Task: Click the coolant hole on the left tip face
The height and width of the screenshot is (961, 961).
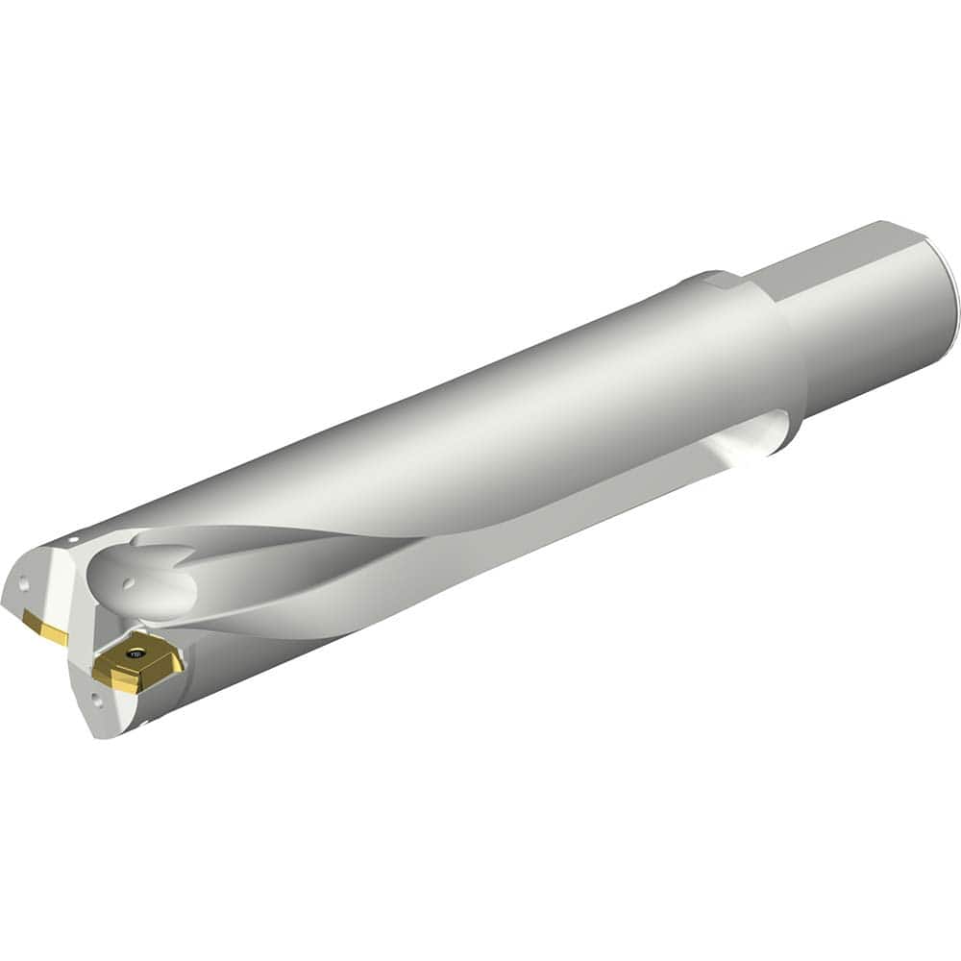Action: [x=25, y=582]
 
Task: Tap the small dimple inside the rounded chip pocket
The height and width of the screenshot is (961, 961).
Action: [x=128, y=581]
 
